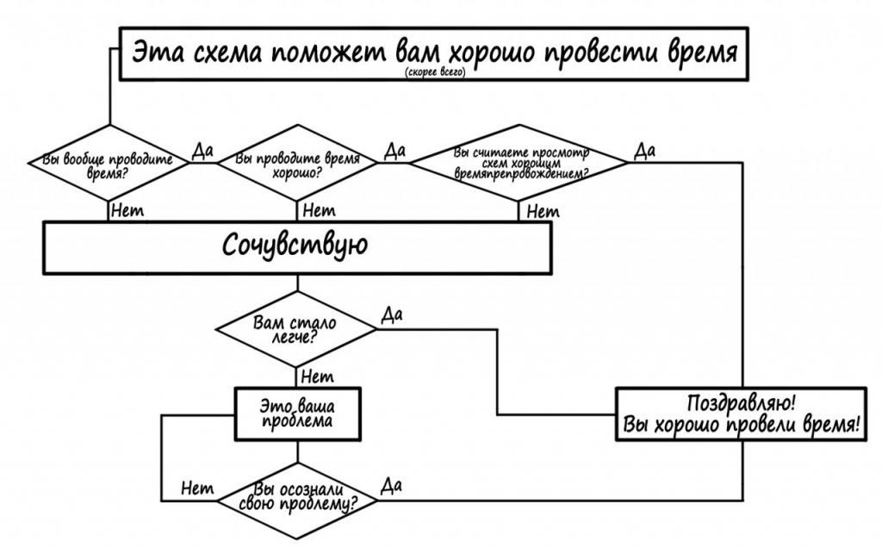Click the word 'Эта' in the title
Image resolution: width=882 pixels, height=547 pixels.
point(156,54)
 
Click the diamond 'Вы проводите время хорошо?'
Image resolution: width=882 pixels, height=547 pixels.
point(297,165)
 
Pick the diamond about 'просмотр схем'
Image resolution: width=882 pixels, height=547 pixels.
point(520,163)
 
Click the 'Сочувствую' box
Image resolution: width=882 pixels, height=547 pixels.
point(296,246)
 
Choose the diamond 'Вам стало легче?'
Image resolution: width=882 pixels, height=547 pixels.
point(295,329)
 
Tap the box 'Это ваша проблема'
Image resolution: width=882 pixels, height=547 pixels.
point(297,413)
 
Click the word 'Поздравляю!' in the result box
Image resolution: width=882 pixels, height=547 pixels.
point(741,403)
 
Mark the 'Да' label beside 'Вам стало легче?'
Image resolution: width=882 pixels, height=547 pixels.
point(392,315)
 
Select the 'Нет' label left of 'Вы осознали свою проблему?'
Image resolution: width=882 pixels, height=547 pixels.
point(197,488)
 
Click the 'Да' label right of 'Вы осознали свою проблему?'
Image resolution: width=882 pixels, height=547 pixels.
point(392,486)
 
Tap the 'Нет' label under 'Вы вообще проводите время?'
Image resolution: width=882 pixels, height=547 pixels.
point(127,210)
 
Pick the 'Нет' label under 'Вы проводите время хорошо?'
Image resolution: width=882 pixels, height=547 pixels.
point(319,210)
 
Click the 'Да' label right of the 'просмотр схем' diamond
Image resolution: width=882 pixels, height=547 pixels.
point(644,151)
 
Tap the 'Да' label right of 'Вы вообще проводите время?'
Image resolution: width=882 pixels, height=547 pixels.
point(202,152)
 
